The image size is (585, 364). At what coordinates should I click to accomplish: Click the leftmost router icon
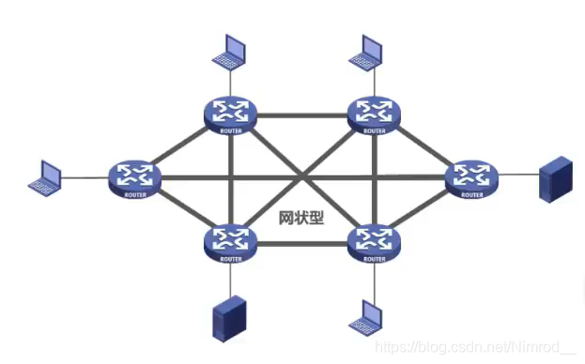point(134,176)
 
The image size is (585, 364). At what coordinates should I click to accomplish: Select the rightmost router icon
point(468,176)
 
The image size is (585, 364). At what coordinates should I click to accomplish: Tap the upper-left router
point(230,113)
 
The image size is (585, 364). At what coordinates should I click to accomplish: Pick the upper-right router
point(374,113)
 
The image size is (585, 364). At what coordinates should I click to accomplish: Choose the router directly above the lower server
point(230,241)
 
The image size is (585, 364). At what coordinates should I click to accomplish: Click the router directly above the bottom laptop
point(374,241)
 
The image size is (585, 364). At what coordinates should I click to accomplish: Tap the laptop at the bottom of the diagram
point(366,318)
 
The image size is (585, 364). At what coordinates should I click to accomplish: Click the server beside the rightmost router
point(555,179)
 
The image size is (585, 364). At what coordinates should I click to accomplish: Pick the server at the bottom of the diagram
point(229,319)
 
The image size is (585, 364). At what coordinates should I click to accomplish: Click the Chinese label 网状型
point(301,218)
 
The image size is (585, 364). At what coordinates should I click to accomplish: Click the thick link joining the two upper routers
point(301,114)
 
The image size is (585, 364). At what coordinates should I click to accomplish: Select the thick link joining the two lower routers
point(301,244)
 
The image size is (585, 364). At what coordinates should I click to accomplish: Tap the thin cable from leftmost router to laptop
point(85,176)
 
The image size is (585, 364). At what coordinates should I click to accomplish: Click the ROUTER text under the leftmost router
point(134,195)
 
